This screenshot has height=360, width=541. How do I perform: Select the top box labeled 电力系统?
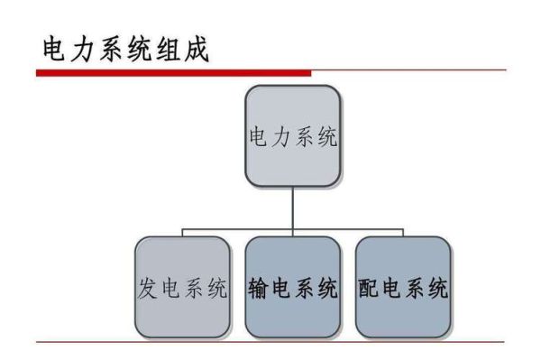click(x=292, y=136)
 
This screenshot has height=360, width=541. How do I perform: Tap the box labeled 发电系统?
click(x=181, y=286)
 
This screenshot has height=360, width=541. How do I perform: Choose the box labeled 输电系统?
click(x=293, y=286)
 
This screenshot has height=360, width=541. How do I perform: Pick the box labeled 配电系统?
click(x=402, y=286)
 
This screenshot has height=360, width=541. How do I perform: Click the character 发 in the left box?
click(x=149, y=290)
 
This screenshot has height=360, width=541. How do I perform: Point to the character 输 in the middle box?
click(x=260, y=290)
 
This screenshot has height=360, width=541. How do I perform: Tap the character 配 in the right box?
click(x=369, y=290)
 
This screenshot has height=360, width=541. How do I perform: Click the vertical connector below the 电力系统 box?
click(x=292, y=208)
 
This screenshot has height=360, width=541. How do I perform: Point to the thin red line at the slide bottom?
click(x=270, y=342)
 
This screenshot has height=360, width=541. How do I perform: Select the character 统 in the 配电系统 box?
click(x=436, y=290)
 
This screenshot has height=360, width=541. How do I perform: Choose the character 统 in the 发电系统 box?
click(x=215, y=290)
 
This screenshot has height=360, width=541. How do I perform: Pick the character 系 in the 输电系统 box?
click(x=305, y=290)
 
